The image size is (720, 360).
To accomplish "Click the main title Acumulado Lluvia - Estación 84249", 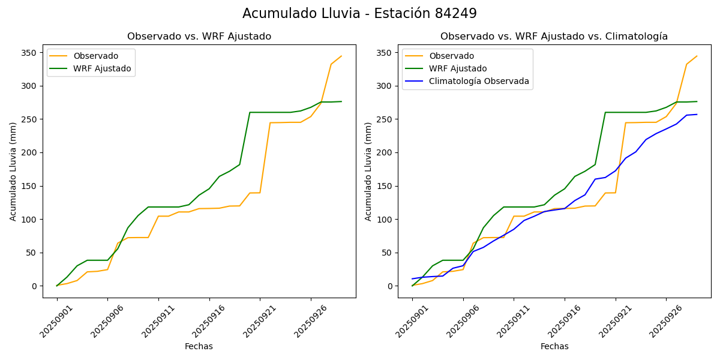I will point(359,14).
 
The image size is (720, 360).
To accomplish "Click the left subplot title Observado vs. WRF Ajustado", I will point(199,37).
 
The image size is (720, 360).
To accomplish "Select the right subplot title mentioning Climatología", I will point(554,37).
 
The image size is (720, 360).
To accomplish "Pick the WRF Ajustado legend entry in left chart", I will point(102,68).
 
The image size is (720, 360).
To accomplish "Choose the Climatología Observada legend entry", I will point(479,82).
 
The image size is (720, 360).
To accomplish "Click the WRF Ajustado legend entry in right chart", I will point(458,68).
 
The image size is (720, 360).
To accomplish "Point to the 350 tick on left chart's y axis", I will point(30,53).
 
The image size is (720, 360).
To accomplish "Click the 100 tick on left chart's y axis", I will point(30,220).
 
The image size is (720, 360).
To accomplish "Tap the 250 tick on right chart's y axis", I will point(385,119).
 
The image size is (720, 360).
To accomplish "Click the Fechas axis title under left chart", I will point(199,347).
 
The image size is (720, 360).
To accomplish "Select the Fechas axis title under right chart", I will point(554,347).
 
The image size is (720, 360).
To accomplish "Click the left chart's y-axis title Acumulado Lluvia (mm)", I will point(13,171).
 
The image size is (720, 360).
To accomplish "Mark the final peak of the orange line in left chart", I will point(341,56).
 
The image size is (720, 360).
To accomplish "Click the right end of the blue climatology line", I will point(697,115).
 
